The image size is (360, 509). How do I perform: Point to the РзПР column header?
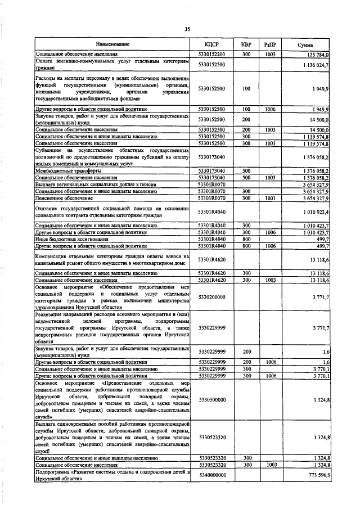click(x=270, y=44)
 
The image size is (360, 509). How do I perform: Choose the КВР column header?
click(x=246, y=44)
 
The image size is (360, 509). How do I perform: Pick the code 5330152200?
click(x=211, y=54)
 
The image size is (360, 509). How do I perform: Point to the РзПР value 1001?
click(x=270, y=198)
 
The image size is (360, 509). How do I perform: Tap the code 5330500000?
click(x=211, y=399)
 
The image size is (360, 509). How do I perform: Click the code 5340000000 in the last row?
click(x=211, y=475)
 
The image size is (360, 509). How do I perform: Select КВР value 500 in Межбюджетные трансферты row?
click(x=246, y=170)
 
